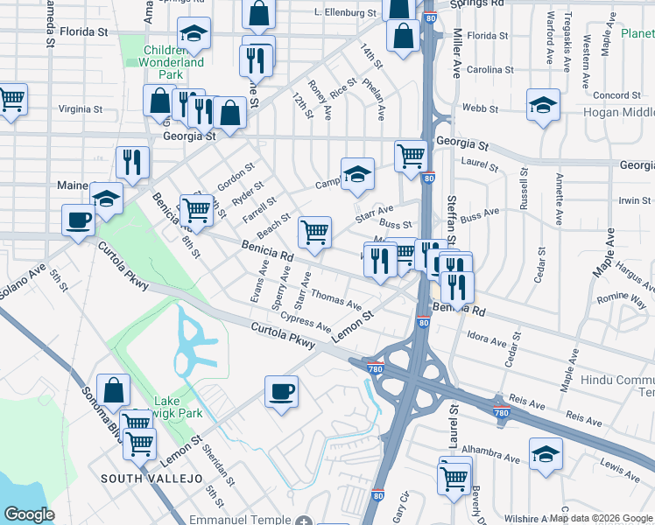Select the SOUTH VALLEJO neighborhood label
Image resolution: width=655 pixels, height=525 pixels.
151,479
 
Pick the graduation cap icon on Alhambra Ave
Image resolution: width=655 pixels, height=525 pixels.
546,454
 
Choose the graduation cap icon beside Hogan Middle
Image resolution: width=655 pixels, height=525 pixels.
543,106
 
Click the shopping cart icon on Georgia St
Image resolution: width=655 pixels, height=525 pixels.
411,157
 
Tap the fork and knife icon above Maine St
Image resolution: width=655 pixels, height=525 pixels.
132,162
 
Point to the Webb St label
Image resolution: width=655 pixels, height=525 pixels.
480,109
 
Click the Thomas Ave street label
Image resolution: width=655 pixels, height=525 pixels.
336,300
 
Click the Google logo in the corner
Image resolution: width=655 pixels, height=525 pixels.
28,514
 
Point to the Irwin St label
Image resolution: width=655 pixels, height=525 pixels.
634,201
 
